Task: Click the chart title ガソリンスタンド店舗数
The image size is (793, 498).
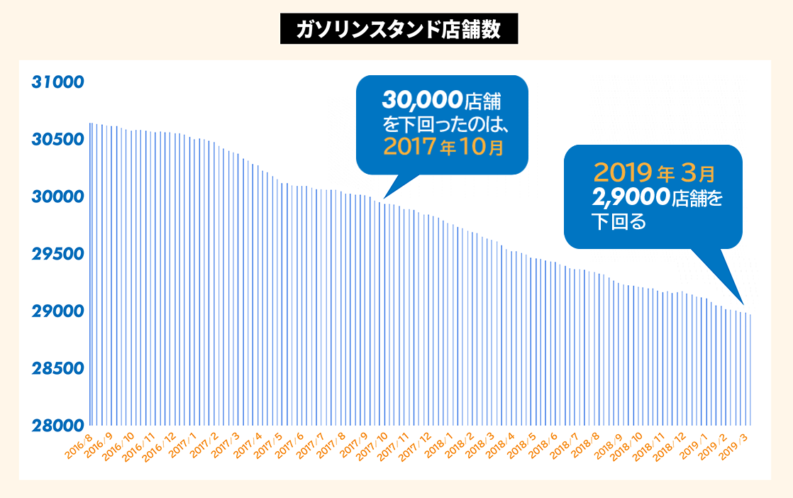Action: tap(399, 30)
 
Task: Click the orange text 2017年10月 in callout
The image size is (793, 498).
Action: tap(443, 147)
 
